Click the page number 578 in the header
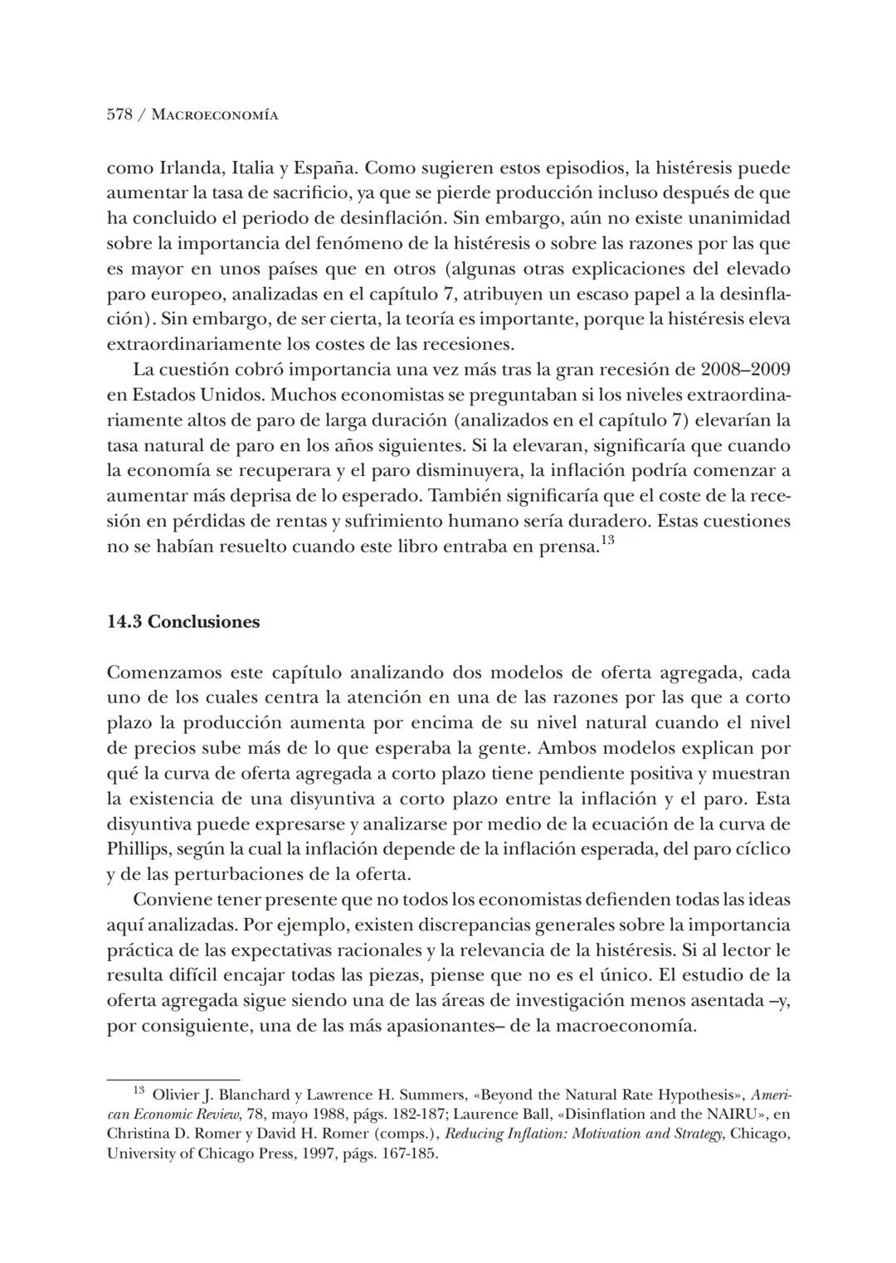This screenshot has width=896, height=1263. tap(119, 114)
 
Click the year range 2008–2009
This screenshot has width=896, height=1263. tap(745, 369)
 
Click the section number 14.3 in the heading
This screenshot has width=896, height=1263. tap(124, 622)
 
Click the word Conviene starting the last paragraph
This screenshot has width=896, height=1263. tap(171, 900)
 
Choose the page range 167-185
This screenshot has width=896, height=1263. tap(409, 1153)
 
